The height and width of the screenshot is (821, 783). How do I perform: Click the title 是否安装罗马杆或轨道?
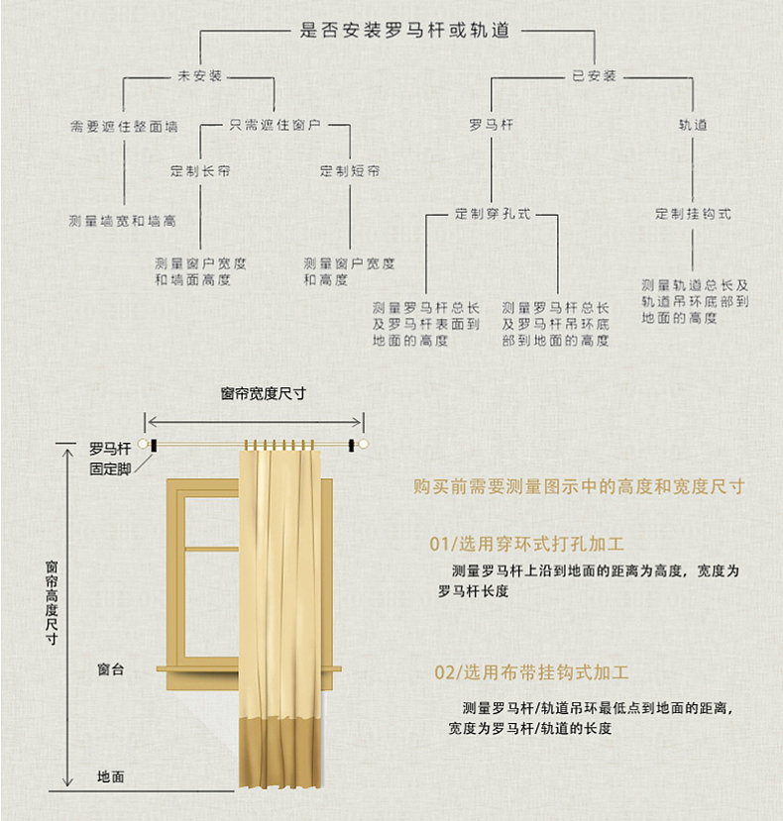pyautogui.click(x=404, y=30)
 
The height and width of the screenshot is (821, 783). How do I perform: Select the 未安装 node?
pyautogui.click(x=199, y=76)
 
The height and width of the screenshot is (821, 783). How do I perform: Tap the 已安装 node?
pyautogui.click(x=594, y=76)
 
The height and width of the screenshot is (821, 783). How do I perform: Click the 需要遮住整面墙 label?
pyautogui.click(x=124, y=126)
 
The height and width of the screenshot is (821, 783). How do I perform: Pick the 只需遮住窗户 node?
pyautogui.click(x=275, y=125)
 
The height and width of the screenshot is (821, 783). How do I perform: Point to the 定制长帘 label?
pyautogui.click(x=199, y=170)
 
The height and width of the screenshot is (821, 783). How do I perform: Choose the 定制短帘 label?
pyautogui.click(x=350, y=170)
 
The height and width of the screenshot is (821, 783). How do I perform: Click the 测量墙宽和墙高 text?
pyautogui.click(x=122, y=221)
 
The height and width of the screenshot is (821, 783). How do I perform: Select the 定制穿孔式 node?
pyautogui.click(x=493, y=214)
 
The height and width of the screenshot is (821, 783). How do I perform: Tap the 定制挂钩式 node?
pyautogui.click(x=693, y=214)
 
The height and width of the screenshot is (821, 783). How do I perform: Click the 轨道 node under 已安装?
pyautogui.click(x=693, y=125)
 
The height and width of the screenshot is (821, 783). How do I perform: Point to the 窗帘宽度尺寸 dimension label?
pyautogui.click(x=263, y=394)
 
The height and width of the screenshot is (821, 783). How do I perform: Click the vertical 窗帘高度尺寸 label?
pyautogui.click(x=52, y=603)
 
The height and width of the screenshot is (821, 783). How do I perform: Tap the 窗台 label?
pyautogui.click(x=111, y=669)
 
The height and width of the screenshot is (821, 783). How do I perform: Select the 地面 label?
pyautogui.click(x=111, y=776)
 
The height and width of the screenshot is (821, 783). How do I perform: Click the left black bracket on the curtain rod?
pyautogui.click(x=154, y=446)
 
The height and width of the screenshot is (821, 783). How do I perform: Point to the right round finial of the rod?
pyautogui.click(x=363, y=445)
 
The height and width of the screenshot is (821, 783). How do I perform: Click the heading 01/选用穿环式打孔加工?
pyautogui.click(x=526, y=544)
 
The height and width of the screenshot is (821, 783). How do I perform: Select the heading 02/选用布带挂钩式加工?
pyautogui.click(x=531, y=672)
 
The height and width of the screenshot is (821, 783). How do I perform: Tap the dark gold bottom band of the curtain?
pyautogui.click(x=280, y=753)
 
